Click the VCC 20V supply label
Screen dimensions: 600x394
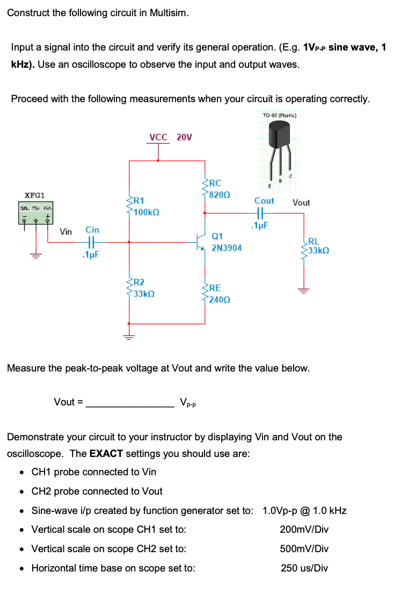point(170,137)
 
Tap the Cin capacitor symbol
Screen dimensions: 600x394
point(92,242)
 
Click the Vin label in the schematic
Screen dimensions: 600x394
point(65,232)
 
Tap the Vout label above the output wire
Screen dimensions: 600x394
point(301,203)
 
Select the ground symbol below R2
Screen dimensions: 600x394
point(129,337)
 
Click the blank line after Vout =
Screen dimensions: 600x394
point(130,403)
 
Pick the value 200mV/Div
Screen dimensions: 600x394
point(304,530)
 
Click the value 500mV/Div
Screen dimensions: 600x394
point(304,549)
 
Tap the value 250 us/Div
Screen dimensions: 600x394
point(304,568)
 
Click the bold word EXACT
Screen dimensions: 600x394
point(106,453)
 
